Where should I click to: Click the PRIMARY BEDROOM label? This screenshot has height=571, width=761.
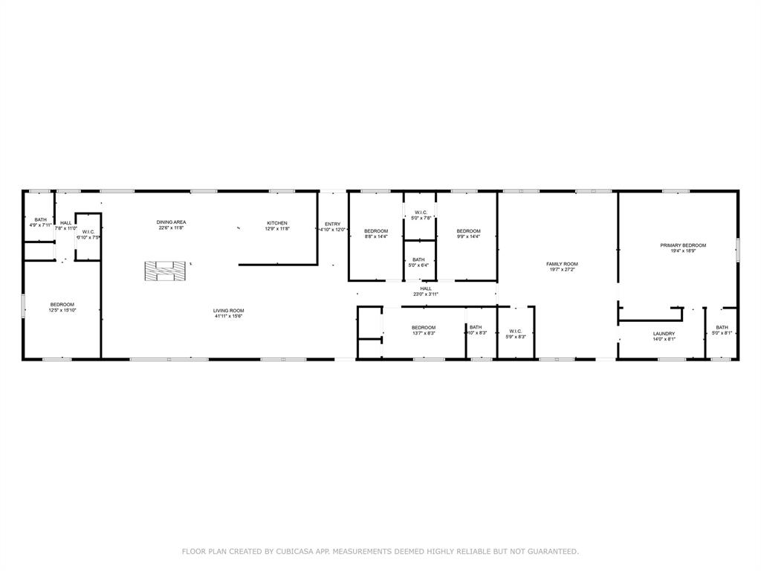tap(683, 245)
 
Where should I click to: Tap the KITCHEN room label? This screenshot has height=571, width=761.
tap(277, 223)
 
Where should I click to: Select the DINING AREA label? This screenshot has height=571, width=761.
tap(171, 222)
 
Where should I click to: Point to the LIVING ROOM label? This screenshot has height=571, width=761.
tap(229, 311)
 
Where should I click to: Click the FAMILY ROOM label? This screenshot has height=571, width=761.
tap(562, 264)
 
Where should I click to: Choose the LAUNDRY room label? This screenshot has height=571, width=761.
tap(664, 334)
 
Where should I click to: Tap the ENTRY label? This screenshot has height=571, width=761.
tap(332, 224)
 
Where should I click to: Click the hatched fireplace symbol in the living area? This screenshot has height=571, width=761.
tap(163, 271)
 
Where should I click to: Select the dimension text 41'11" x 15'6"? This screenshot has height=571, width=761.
tap(229, 317)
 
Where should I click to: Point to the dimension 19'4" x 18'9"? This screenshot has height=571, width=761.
tap(683, 251)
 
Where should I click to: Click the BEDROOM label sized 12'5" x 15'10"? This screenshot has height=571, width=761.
tap(62, 304)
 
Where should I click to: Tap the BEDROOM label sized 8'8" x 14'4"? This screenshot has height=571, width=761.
tap(376, 231)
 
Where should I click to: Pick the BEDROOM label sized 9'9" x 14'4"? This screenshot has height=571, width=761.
tap(468, 230)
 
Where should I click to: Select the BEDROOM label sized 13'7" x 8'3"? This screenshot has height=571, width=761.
tap(424, 327)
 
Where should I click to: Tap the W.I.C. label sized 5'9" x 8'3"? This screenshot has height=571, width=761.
tap(516, 331)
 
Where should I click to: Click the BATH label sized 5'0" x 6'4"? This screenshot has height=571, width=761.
tap(419, 259)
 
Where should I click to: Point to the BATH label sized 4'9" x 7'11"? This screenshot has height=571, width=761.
tap(40, 219)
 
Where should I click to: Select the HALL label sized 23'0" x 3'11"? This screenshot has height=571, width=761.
tap(426, 288)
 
